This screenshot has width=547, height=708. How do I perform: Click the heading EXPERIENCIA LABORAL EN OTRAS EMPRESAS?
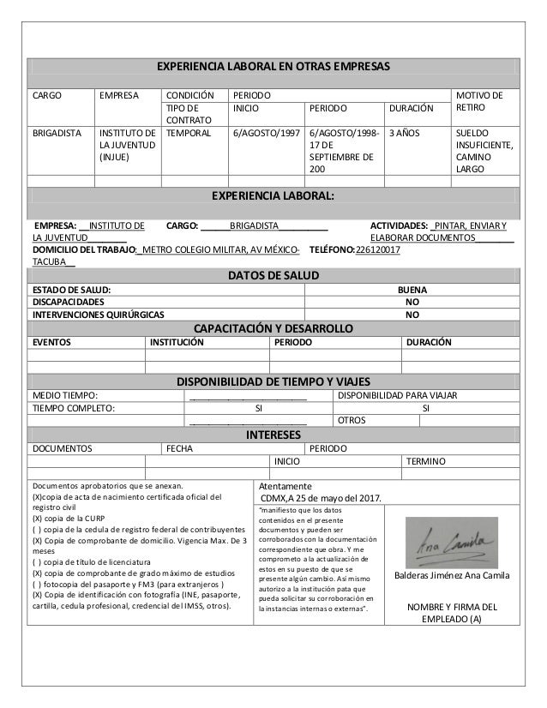(272, 66)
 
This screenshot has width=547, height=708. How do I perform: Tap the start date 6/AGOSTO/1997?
(266, 134)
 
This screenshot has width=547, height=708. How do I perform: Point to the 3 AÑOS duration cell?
(404, 134)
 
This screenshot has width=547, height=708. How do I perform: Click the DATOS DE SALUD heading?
(272, 275)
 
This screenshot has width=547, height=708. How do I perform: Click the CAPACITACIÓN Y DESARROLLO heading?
(272, 328)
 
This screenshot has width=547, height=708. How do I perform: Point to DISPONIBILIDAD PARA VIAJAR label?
(398, 395)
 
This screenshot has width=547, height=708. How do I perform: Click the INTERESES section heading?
(272, 435)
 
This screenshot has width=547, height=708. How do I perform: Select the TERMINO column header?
(425, 461)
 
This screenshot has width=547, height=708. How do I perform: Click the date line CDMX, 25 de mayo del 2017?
(322, 500)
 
